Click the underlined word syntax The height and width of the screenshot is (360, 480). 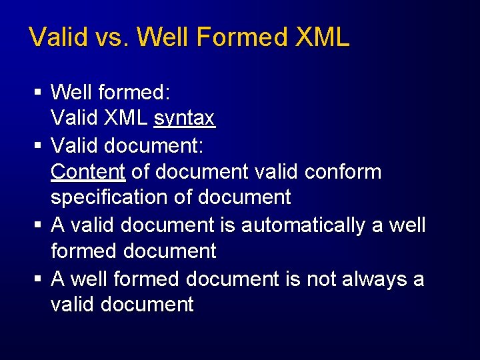click(x=184, y=118)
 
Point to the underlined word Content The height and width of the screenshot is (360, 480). click(x=88, y=171)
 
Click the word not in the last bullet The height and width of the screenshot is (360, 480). click(x=321, y=278)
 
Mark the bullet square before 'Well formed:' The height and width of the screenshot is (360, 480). click(x=39, y=91)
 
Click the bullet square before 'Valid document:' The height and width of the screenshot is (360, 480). click(x=39, y=145)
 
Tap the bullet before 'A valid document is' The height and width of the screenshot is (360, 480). click(x=39, y=225)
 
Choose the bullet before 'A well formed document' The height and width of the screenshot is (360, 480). click(x=39, y=278)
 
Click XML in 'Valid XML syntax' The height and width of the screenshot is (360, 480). click(x=125, y=118)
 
